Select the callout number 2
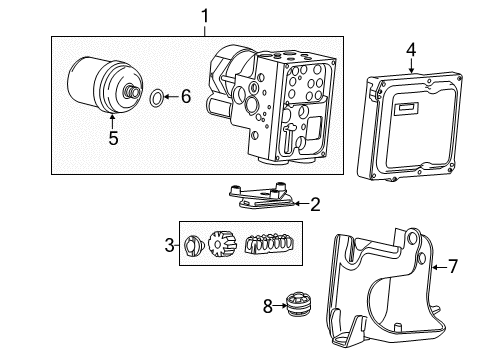click(x=314, y=205)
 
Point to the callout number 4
click(x=410, y=48)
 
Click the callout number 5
click(x=113, y=139)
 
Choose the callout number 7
click(x=452, y=266)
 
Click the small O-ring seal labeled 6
click(x=158, y=97)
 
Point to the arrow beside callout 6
click(x=172, y=97)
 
